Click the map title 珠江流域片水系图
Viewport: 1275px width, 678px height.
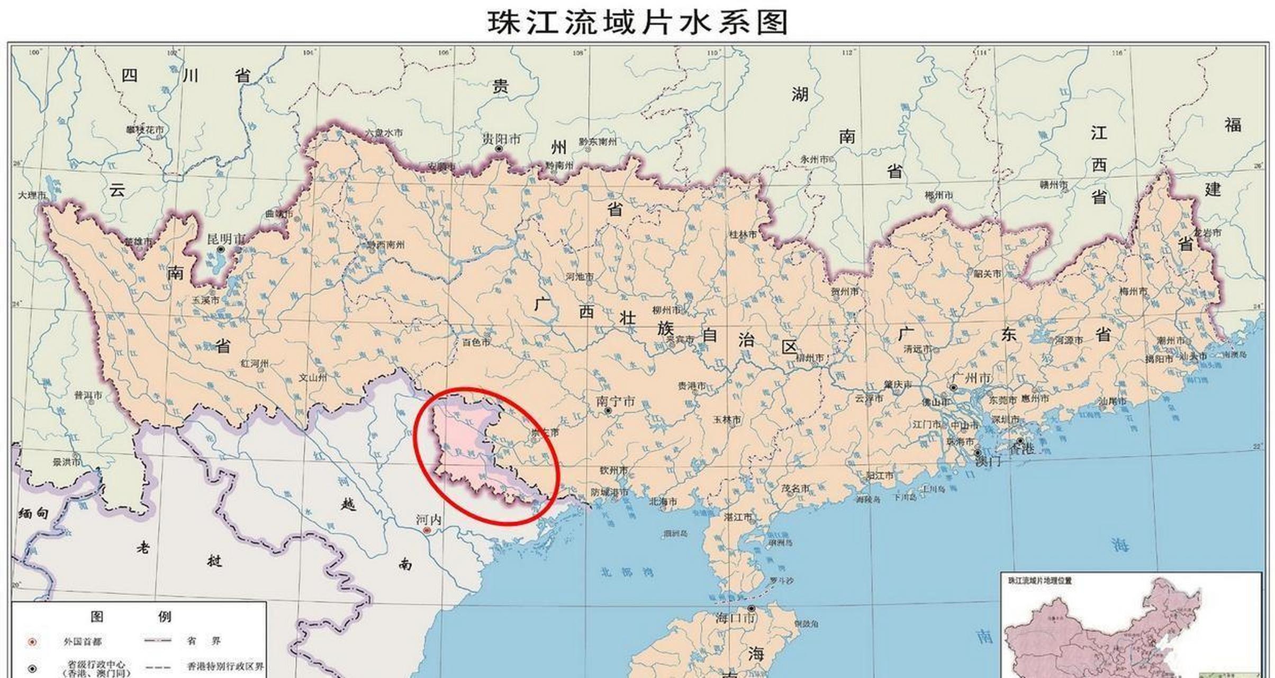[638, 22]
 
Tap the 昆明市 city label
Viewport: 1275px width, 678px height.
[226, 239]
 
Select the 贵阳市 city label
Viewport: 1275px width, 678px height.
[501, 139]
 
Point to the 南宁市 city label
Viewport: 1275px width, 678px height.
[616, 402]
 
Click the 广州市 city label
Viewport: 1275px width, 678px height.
[971, 378]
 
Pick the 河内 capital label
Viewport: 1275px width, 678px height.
[428, 520]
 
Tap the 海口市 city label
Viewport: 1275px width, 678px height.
[735, 618]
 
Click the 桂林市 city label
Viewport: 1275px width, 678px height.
[743, 234]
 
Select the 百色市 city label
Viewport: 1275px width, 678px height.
[476, 342]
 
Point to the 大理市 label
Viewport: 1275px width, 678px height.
[32, 195]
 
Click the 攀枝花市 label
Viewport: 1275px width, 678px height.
[144, 130]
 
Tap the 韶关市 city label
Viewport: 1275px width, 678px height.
[987, 274]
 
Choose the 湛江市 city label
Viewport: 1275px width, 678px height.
[738, 516]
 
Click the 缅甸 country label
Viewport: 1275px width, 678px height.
[33, 513]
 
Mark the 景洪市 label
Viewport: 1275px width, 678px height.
[67, 462]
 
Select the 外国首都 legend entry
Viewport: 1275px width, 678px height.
[82, 642]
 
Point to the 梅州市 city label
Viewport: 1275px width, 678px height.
[1133, 291]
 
